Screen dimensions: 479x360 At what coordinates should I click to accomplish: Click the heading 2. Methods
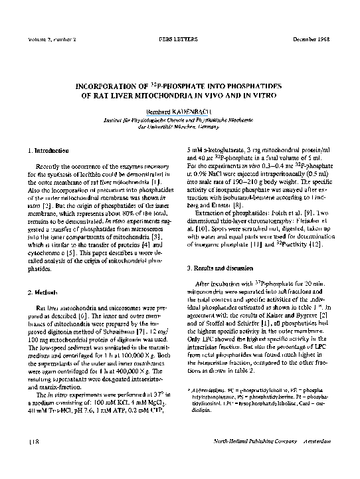(x=41, y=292)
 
